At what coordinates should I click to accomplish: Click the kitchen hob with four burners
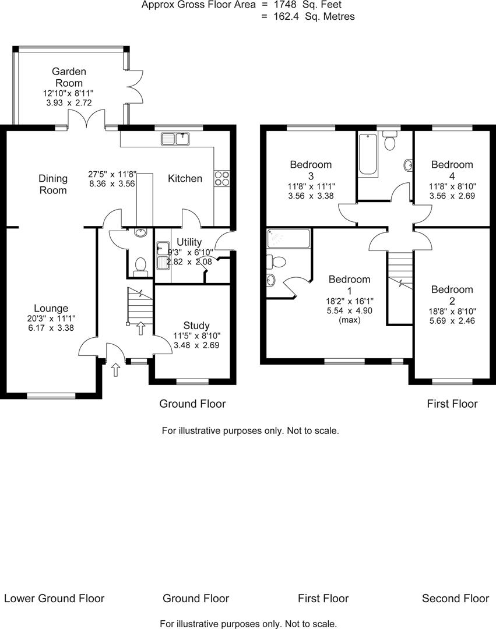221,178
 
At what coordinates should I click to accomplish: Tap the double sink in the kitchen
175,138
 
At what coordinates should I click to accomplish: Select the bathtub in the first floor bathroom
368,154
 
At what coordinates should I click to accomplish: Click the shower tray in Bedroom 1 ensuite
288,239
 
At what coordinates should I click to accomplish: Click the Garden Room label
69,77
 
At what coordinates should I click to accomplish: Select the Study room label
196,325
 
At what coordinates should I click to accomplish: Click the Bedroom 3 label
311,170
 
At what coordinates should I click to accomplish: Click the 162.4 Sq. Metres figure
314,16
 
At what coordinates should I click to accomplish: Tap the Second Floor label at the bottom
455,598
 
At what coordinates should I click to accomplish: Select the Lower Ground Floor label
54,598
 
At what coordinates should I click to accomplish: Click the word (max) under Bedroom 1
349,320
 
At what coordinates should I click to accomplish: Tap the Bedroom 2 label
452,295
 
